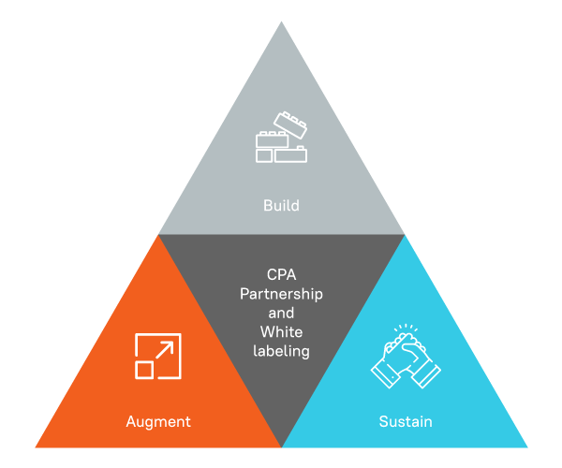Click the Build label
(281, 206)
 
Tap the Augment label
(158, 422)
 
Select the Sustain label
(406, 421)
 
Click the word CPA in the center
(281, 274)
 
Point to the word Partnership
(281, 294)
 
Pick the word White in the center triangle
(281, 332)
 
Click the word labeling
(281, 351)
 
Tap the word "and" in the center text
(281, 313)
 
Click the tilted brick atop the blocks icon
(290, 125)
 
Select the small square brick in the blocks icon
(264, 155)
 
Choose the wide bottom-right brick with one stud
(290, 154)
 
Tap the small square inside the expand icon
(144, 370)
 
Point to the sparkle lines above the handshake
(406, 328)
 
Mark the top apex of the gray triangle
(281, 22)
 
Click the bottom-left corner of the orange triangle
(36, 447)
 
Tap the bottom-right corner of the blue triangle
(527, 447)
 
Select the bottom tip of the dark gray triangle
(281, 447)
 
